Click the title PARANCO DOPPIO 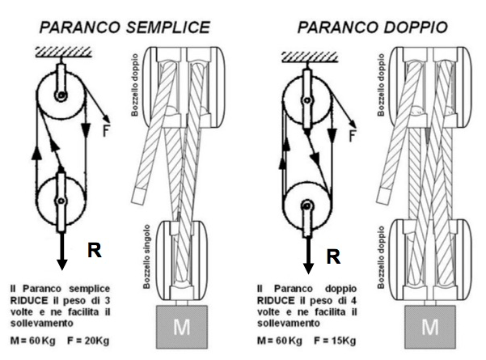pyautogui.click(x=372, y=26)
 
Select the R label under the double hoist pyautogui.click(x=331, y=257)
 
